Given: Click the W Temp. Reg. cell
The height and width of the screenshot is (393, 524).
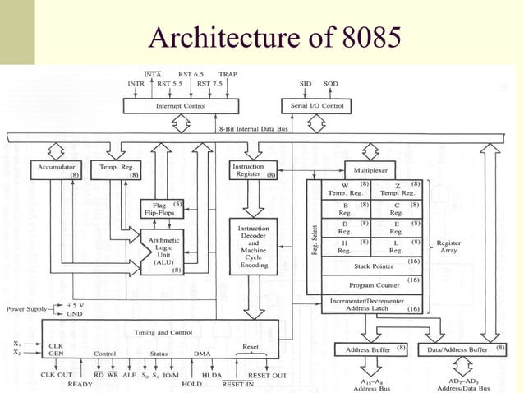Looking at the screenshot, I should point(345,187).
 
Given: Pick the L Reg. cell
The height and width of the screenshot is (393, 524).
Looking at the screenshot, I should point(397,247).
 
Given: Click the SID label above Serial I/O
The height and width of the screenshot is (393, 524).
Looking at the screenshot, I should point(306,84).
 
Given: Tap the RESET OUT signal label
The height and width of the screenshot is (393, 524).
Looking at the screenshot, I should point(266,375).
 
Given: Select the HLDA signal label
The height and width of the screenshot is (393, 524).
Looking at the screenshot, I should point(213,375).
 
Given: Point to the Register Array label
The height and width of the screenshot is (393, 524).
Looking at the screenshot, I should point(449,247).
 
